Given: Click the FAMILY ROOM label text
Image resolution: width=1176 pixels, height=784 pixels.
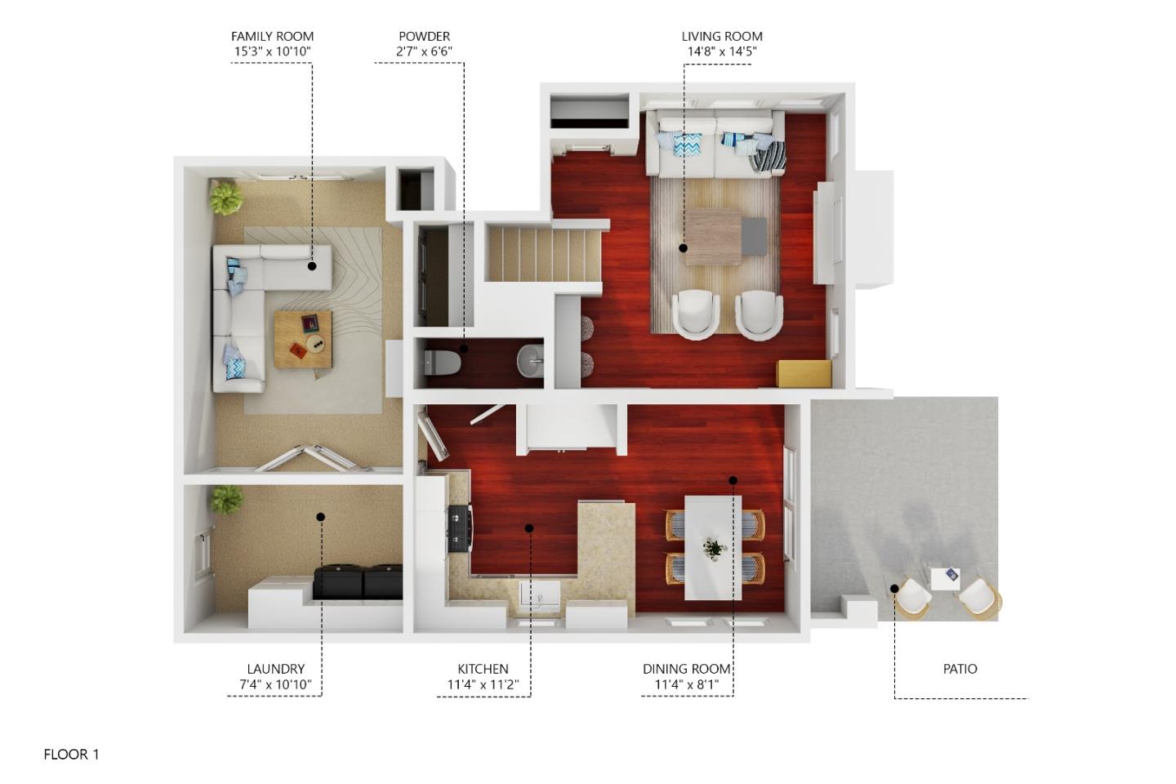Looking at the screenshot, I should coord(272,36).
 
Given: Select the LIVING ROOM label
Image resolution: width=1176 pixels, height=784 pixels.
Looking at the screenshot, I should coord(722,36).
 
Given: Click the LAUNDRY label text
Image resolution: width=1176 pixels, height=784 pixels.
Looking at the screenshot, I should coord(275,669).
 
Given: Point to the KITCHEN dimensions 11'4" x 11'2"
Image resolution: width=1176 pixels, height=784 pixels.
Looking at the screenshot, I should coord(483,684).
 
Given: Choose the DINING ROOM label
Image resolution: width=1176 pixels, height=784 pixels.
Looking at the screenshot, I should coord(686,669).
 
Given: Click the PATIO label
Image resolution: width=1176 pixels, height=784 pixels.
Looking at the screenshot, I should coord(960,669).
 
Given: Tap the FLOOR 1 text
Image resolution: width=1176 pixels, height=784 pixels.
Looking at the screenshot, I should coord(71,755).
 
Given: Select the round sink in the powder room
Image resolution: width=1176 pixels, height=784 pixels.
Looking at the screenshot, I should coord(531,360).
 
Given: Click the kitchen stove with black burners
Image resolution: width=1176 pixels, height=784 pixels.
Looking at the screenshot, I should coord(459,528).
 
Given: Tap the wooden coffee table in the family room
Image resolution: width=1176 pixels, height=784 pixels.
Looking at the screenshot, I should coord(302,339).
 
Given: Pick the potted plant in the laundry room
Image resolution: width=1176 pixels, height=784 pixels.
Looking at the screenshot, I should coord(225,499).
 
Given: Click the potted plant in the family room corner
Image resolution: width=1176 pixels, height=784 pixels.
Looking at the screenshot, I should coord(225,197).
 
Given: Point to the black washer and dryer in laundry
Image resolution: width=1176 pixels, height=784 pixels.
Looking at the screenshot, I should coord(357,582).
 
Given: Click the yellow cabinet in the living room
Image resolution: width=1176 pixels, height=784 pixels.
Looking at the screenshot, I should coord(804,373).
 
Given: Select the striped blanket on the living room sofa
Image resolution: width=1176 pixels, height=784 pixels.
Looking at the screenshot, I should coord(768,155).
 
